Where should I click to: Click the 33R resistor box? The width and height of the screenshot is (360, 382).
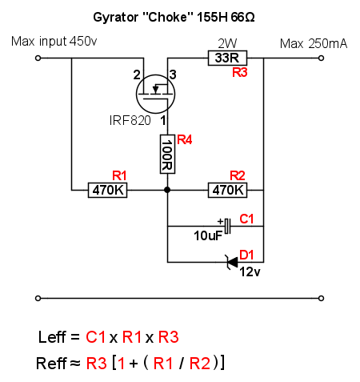(x=227, y=58)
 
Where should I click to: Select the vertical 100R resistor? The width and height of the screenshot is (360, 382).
(x=167, y=154)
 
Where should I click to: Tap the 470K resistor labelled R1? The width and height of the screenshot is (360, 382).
(x=108, y=190)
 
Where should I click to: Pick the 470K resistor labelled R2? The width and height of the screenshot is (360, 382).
(x=227, y=190)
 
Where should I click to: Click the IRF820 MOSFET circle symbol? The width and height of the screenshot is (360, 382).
(x=155, y=94)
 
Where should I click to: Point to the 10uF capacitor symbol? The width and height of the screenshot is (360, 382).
(x=227, y=226)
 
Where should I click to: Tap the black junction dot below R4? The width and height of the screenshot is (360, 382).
(x=167, y=190)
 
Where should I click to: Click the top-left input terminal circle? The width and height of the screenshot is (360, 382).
(x=38, y=58)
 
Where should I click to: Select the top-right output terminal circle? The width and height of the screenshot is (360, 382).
(x=322, y=58)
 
